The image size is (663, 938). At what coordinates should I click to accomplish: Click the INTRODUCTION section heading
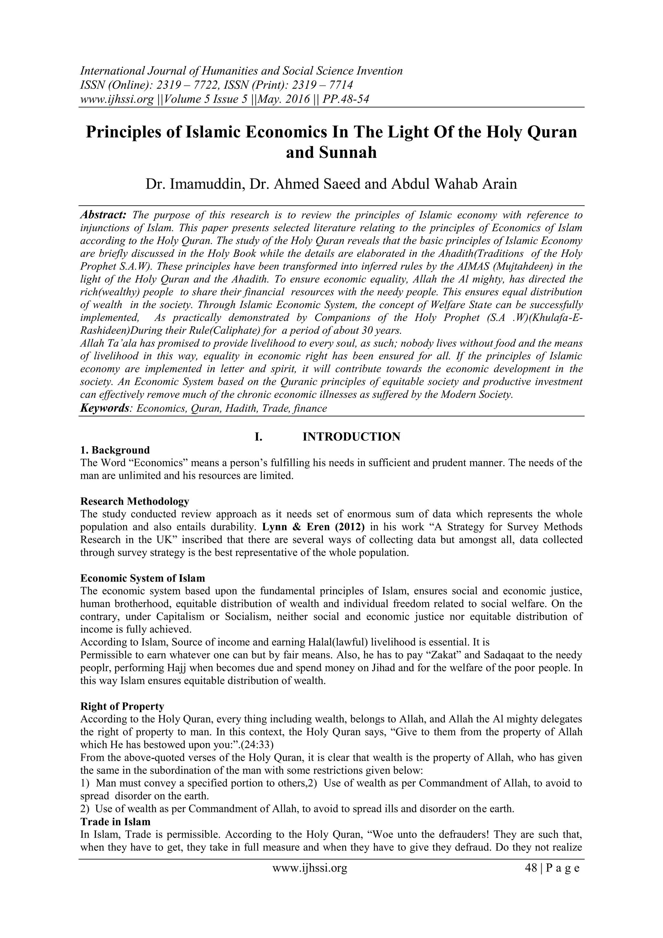coord(351,437)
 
